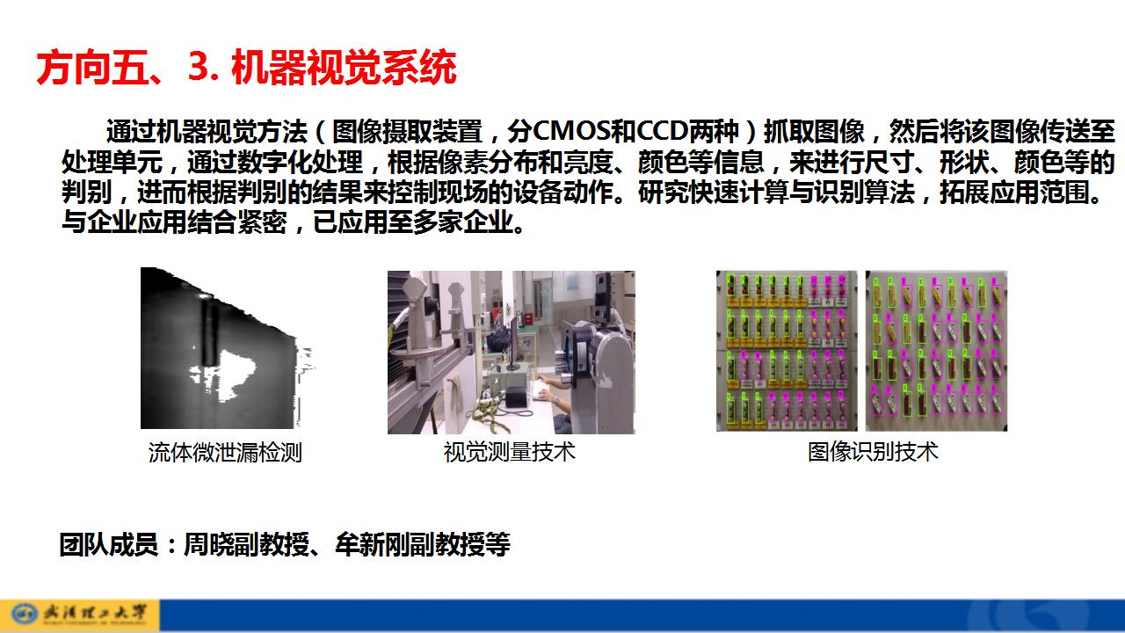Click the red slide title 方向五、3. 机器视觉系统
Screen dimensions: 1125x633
247,67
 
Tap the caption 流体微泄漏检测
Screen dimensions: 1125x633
225,452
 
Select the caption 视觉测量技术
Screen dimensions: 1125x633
509,452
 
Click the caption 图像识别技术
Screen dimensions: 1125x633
873,452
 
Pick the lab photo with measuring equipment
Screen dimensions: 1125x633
512,353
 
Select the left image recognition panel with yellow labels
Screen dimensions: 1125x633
787,351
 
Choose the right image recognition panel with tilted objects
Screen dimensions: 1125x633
936,351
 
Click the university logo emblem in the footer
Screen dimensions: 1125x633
25,614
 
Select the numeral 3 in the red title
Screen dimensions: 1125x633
199,67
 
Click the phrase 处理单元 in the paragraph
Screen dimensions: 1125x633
112,162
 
